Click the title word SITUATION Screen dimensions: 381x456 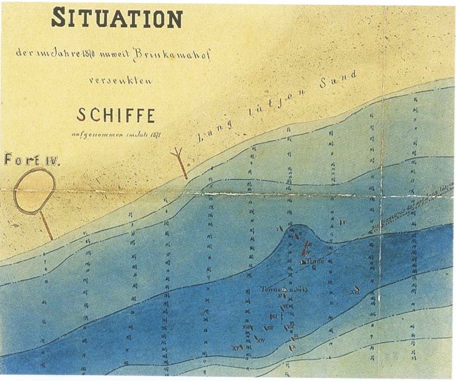click(116, 19)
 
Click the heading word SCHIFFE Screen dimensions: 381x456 click(116, 114)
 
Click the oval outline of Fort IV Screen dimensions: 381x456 click(34, 191)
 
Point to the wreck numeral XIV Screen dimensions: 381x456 click(261, 340)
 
